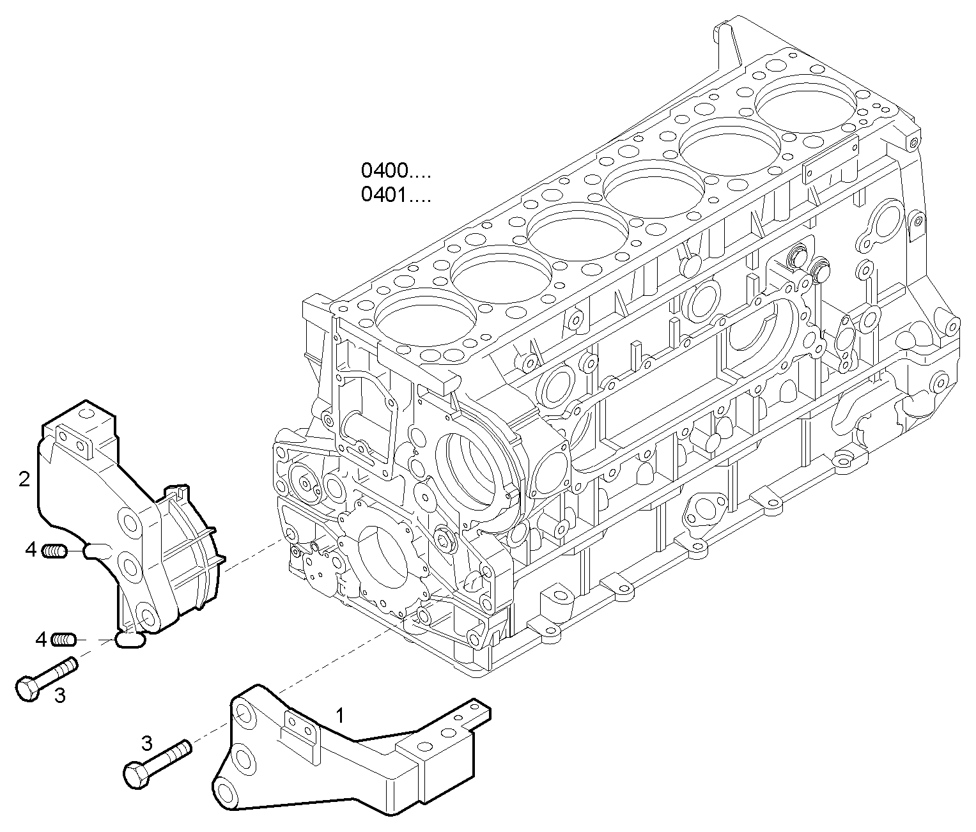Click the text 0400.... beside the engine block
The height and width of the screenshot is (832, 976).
(396, 171)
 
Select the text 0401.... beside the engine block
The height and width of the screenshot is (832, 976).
(396, 194)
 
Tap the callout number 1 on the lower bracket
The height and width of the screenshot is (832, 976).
(340, 715)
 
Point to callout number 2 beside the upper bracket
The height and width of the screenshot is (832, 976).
(24, 479)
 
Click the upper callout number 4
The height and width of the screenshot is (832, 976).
(31, 549)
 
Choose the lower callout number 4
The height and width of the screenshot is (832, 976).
(42, 639)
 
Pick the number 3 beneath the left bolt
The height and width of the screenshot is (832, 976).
(59, 695)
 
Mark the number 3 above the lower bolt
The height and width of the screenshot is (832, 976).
(146, 743)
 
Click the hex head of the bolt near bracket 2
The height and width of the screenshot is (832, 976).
(27, 689)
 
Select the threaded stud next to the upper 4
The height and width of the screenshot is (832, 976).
(55, 550)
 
